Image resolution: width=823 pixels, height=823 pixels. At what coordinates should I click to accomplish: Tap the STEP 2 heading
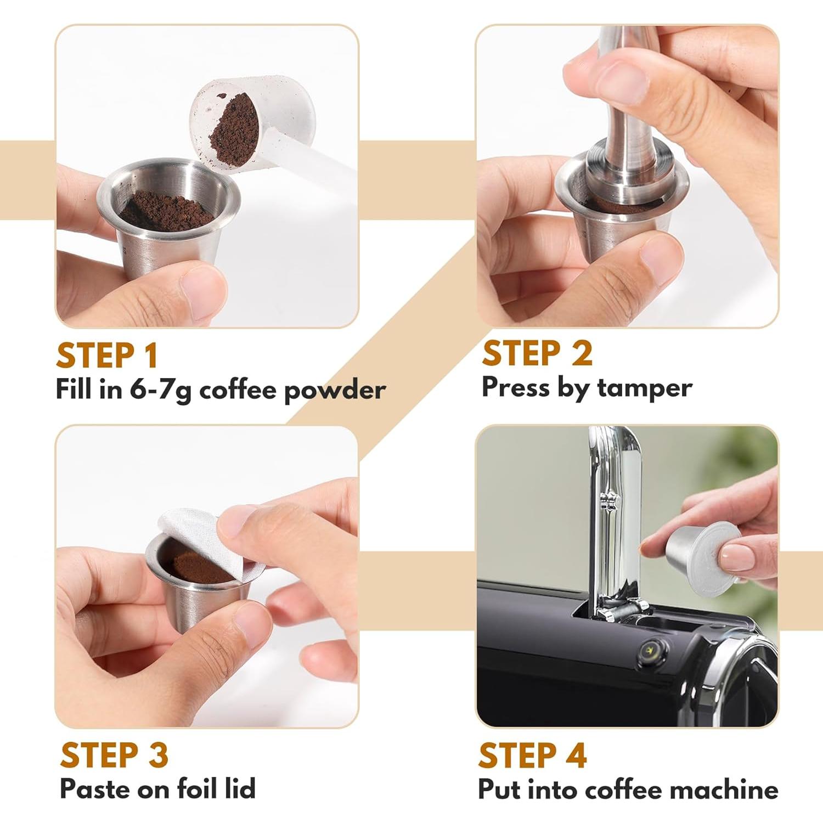(x=537, y=353)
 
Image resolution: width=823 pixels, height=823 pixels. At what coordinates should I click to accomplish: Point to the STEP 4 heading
(x=532, y=756)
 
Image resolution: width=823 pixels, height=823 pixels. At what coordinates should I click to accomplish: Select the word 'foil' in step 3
(x=199, y=789)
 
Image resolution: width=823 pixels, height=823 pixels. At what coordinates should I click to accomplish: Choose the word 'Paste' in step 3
(x=95, y=789)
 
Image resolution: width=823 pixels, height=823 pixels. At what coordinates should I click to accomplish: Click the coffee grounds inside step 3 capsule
(x=192, y=568)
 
